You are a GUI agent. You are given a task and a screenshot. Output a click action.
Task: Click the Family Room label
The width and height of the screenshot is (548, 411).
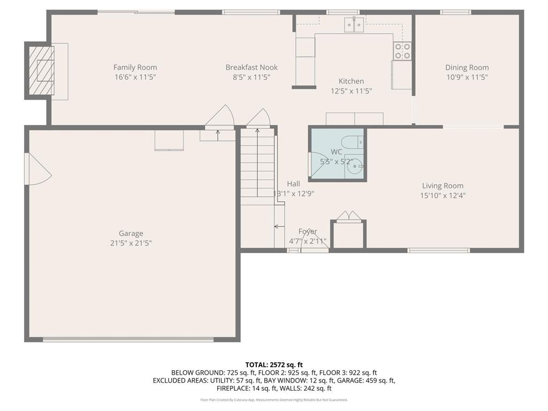pos(135,67)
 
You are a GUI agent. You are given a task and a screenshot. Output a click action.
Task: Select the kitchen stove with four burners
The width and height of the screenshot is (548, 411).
pos(402,51)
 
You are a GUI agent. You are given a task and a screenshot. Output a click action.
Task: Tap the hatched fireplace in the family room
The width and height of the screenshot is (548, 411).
pos(41,70)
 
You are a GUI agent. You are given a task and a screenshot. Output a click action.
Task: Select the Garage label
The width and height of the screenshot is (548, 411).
pos(131,233)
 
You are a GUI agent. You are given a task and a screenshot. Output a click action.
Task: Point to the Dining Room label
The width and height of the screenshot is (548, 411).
pos(467,67)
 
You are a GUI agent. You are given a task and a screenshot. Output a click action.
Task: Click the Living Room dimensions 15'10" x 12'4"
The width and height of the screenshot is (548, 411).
pos(443,195)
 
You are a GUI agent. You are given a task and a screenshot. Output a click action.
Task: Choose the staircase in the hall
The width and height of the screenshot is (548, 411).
pos(257,166)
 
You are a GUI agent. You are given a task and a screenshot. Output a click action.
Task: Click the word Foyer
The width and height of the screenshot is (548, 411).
pos(307,231)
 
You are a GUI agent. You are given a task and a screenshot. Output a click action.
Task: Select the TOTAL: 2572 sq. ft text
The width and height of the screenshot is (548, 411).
pos(274,364)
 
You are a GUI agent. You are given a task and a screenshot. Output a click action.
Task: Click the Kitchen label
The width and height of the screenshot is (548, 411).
pos(351,81)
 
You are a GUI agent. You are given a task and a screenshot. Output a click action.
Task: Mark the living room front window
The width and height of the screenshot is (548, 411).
pos(438,250)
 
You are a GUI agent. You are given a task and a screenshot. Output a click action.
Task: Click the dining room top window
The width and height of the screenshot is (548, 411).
pos(455,12)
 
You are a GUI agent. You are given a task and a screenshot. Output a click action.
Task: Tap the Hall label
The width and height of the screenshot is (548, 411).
pos(293,184)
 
